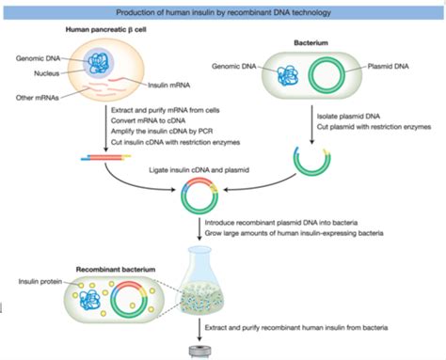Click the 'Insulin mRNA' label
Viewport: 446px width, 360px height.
(x=170, y=85)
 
